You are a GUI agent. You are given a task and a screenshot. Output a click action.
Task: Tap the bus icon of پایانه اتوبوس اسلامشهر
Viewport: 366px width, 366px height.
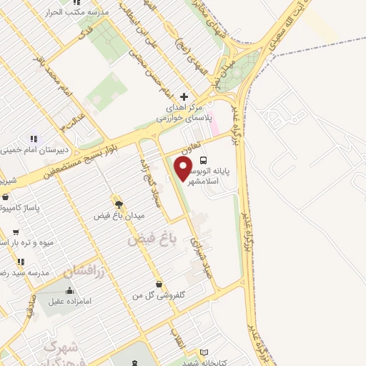click(x=204, y=161)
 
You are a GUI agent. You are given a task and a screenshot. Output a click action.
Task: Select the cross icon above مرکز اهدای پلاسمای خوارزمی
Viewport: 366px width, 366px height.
click(x=184, y=96)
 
